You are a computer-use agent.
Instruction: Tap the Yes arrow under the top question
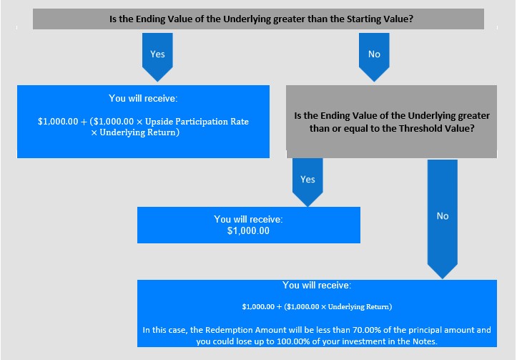click(157, 57)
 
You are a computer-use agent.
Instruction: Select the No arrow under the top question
click(374, 57)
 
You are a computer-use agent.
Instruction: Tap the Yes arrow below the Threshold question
click(307, 182)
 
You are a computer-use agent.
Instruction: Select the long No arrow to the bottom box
click(442, 219)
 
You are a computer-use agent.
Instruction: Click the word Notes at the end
click(425, 341)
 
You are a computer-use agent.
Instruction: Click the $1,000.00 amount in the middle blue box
click(248, 231)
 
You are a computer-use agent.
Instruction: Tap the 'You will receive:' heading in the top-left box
click(143, 98)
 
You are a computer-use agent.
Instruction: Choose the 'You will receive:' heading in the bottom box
click(317, 286)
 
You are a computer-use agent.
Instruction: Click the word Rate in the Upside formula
click(240, 122)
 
